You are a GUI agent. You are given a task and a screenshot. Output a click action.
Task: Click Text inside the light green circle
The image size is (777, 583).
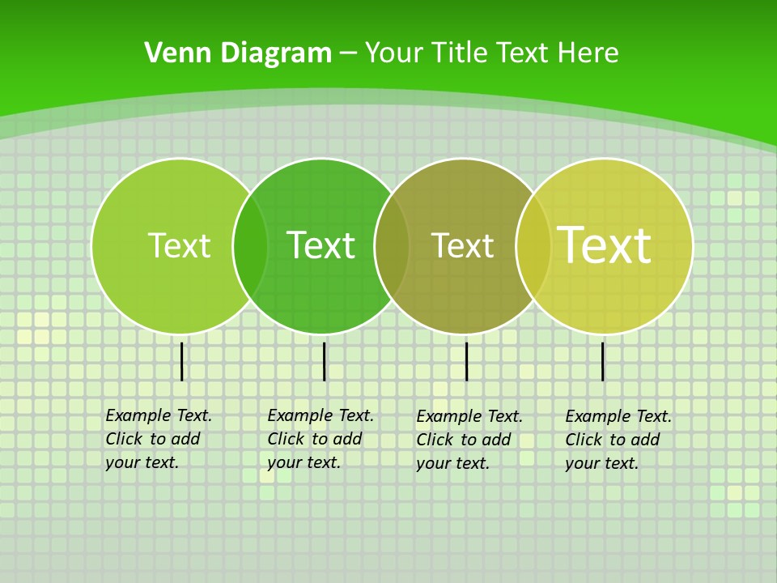click(x=179, y=245)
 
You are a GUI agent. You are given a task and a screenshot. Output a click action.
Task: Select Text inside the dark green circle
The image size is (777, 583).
click(x=321, y=245)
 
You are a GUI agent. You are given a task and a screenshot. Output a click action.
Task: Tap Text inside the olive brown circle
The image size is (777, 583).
click(x=462, y=245)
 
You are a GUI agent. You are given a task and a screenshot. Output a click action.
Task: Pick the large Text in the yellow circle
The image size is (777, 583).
click(x=605, y=245)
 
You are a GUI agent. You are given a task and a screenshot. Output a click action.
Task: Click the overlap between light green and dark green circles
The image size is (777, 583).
click(x=250, y=246)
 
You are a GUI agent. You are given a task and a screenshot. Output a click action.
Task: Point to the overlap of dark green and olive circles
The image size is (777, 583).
click(x=392, y=246)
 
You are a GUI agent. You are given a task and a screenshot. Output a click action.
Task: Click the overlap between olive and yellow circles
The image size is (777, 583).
click(x=533, y=246)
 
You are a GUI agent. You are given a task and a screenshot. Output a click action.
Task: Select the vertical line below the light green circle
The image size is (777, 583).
click(x=182, y=361)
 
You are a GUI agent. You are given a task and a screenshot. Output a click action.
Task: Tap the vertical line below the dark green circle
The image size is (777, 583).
click(x=324, y=361)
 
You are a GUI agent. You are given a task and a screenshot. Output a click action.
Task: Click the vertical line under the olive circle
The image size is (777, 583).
click(x=466, y=361)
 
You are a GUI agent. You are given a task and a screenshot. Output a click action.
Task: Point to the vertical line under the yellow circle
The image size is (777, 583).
click(x=602, y=361)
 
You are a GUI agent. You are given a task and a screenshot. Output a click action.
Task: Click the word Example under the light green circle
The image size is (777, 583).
click(x=138, y=415)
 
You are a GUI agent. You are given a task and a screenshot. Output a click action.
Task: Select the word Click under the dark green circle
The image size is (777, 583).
click(x=286, y=439)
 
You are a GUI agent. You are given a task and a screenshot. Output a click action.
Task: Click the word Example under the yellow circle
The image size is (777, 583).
click(x=598, y=416)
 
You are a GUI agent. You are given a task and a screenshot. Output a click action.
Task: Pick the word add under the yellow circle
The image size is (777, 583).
click(x=645, y=440)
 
